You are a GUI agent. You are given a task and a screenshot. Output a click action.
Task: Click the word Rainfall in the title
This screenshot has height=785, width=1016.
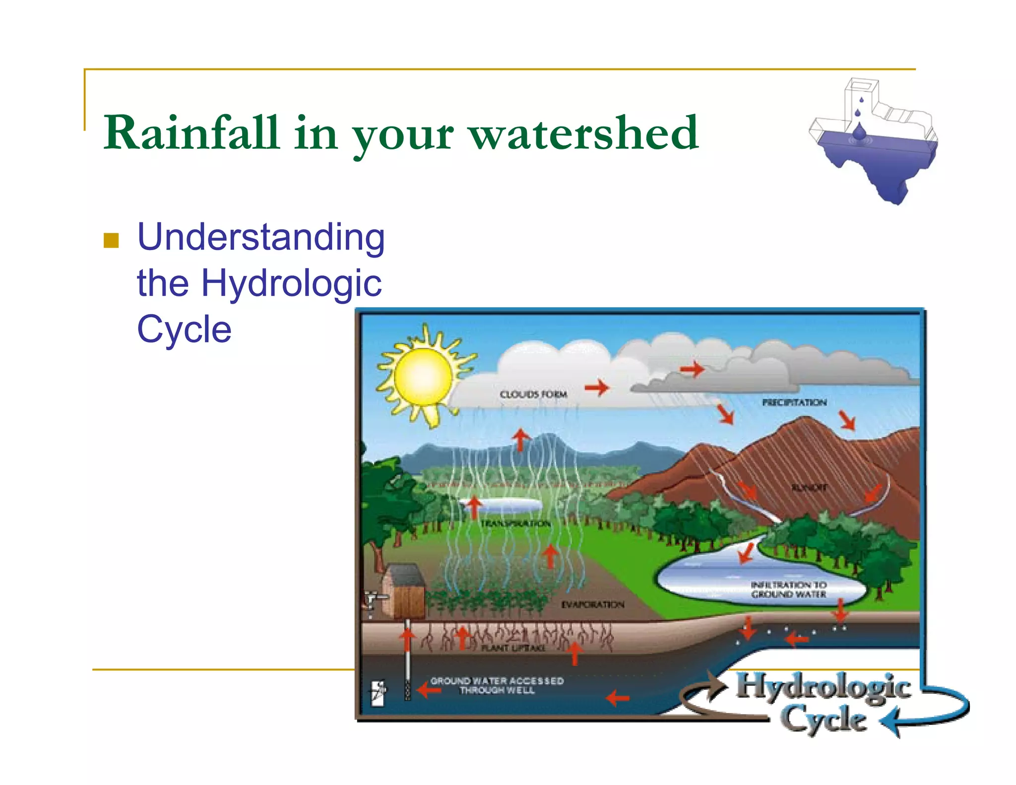(x=191, y=133)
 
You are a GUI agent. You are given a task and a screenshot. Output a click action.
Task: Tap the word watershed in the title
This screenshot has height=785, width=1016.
(x=584, y=133)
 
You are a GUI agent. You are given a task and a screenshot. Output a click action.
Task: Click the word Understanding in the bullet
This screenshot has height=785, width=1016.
(x=261, y=237)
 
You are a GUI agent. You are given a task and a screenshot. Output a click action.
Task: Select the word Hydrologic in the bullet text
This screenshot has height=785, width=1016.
(x=291, y=283)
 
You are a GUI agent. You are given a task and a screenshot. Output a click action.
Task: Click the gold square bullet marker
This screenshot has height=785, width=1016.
(x=111, y=241)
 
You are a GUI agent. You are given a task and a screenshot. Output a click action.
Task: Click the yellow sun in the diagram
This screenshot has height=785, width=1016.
(x=423, y=376)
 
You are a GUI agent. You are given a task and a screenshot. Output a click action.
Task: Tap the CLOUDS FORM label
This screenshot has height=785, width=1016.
(x=533, y=394)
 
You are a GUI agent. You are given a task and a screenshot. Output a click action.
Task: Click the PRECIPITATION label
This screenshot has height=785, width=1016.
(x=794, y=402)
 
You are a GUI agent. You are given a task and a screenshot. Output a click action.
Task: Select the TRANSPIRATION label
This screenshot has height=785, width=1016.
(x=515, y=523)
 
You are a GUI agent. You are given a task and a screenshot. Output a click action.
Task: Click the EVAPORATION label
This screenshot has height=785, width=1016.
(x=592, y=604)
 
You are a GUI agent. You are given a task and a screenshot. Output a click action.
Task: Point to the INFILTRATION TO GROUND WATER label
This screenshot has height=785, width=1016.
(x=788, y=589)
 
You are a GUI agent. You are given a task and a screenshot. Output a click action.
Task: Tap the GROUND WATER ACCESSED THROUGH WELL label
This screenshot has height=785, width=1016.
(x=497, y=685)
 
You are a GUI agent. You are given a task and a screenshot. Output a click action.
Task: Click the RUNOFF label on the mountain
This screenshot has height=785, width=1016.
(x=809, y=488)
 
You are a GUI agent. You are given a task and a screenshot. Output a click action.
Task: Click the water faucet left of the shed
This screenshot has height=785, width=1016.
(x=373, y=599)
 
